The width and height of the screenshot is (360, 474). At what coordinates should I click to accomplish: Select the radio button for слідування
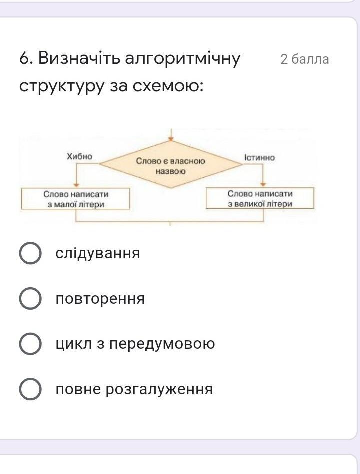pyautogui.click(x=30, y=253)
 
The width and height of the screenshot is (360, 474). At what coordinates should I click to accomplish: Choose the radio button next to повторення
pyautogui.click(x=30, y=298)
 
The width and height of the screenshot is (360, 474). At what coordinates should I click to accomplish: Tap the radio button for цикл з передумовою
pyautogui.click(x=30, y=344)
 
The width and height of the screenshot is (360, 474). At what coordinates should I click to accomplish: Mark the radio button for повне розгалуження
pyautogui.click(x=30, y=389)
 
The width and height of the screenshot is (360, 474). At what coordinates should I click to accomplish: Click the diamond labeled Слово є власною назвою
pyautogui.click(x=171, y=165)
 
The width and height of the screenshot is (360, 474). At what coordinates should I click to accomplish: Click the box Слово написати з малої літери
pyautogui.click(x=76, y=199)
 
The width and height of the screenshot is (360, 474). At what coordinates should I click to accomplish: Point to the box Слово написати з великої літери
pyautogui.click(x=260, y=198)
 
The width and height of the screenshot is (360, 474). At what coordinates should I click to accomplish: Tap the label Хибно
pyautogui.click(x=80, y=156)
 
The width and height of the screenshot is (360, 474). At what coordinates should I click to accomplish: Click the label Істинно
pyautogui.click(x=260, y=158)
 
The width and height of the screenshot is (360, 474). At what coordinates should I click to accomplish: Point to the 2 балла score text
pyautogui.click(x=304, y=59)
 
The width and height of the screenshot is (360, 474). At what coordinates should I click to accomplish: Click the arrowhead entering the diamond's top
pyautogui.click(x=171, y=139)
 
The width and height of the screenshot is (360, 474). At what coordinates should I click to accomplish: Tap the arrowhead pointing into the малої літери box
pyautogui.click(x=76, y=185)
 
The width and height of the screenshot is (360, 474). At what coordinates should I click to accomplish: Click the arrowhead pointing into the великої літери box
pyautogui.click(x=263, y=184)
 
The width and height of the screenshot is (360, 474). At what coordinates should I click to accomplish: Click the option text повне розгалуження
pyautogui.click(x=134, y=389)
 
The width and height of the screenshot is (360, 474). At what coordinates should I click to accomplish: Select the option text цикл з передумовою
pyautogui.click(x=135, y=344)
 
